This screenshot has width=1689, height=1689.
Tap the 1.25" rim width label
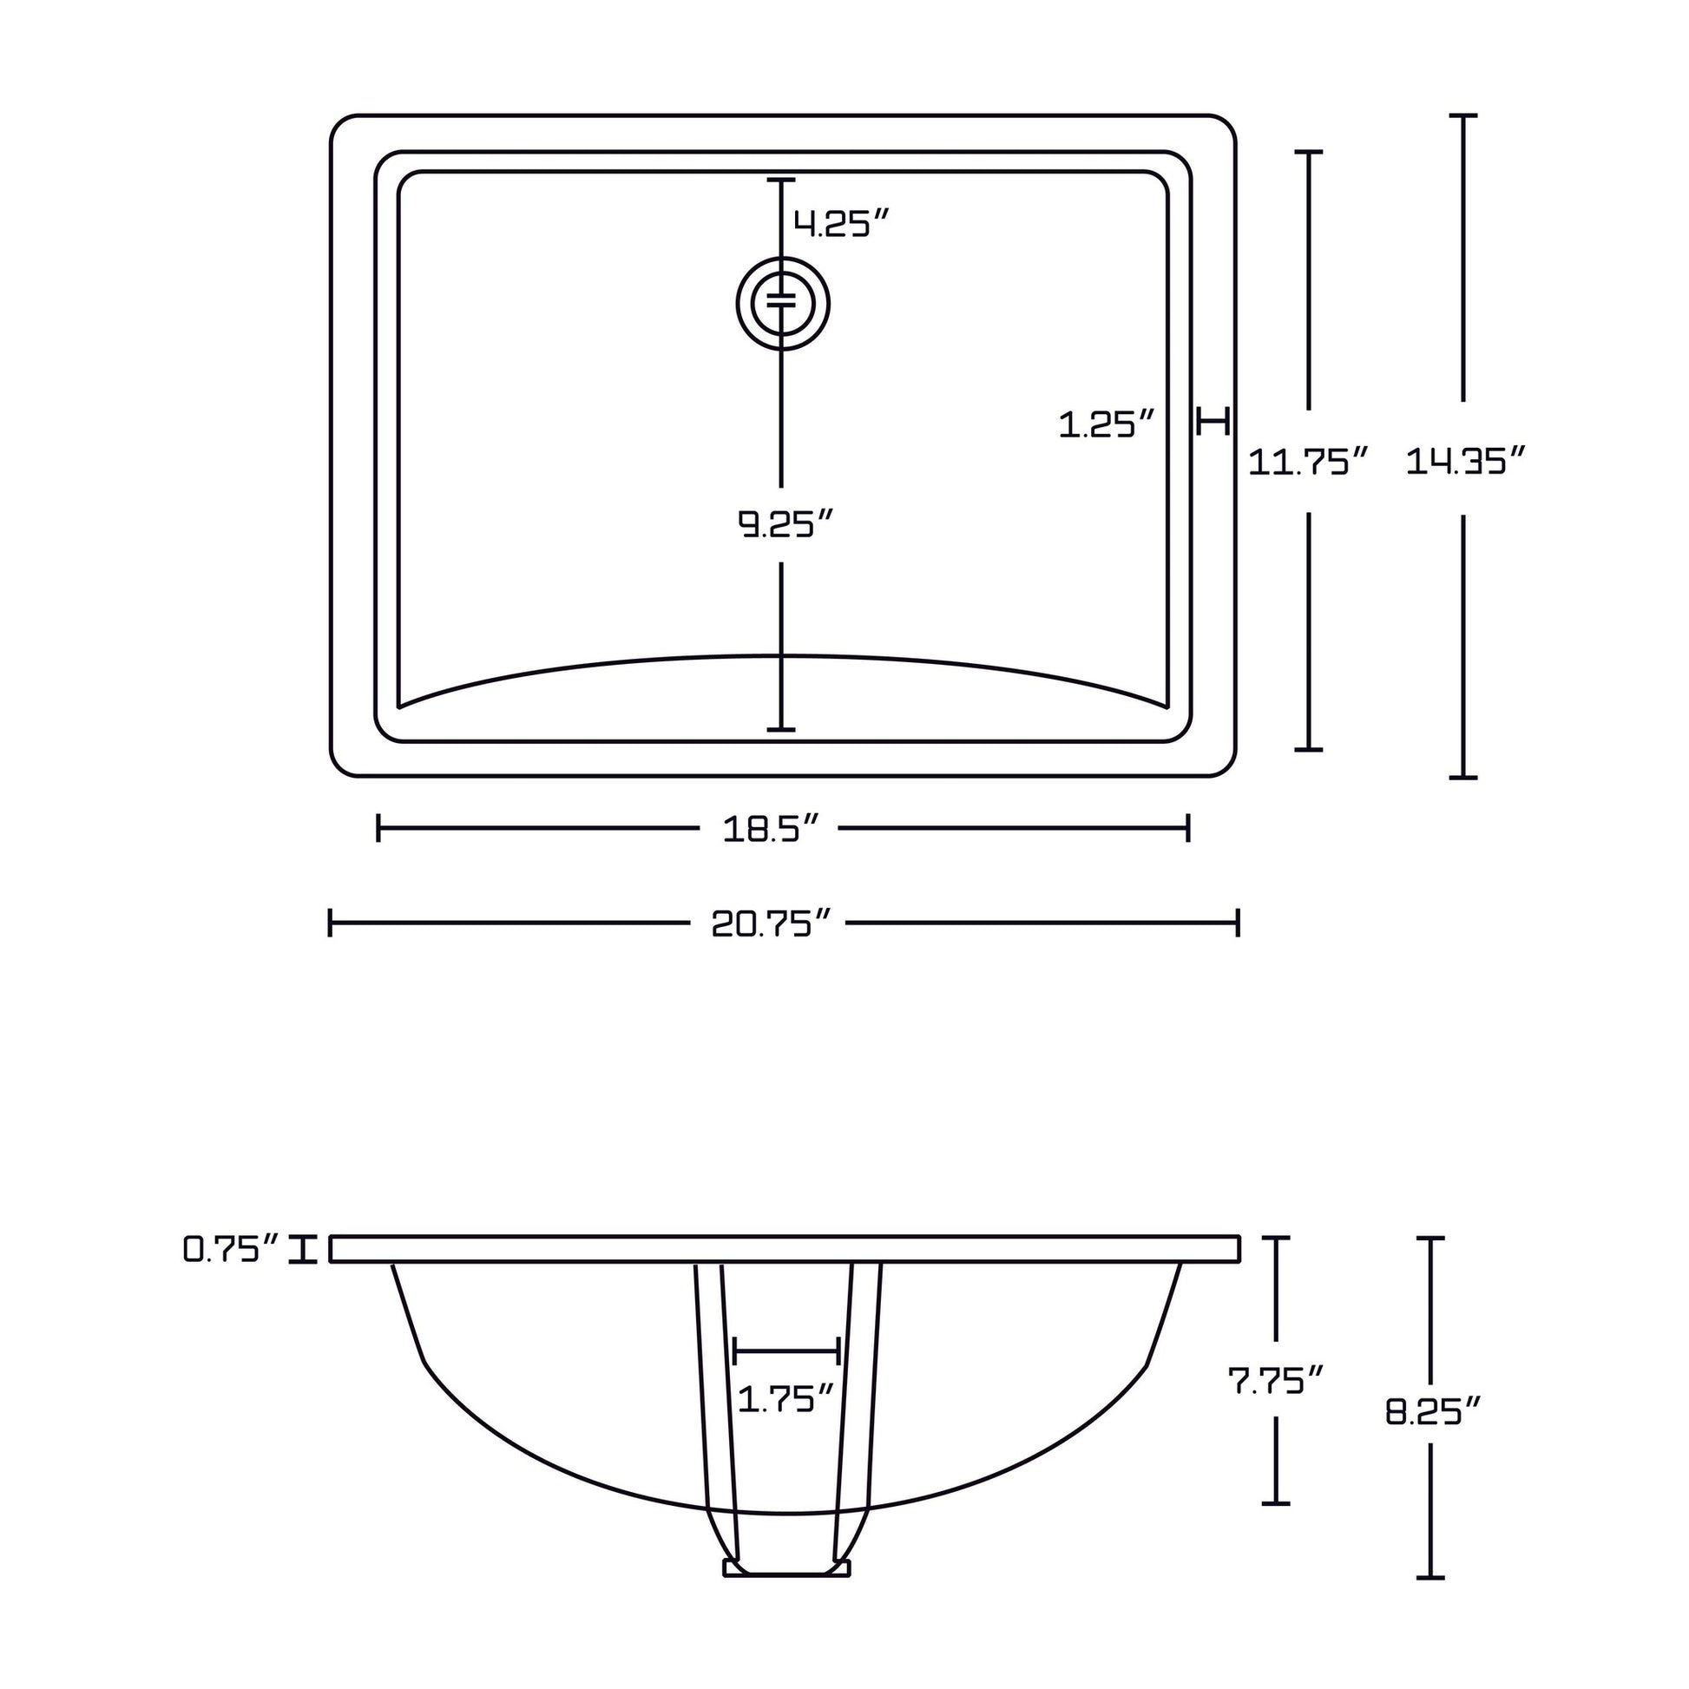click(x=1107, y=425)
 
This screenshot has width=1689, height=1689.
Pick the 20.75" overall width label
click(x=769, y=923)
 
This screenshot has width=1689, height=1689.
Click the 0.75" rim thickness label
click(x=232, y=1249)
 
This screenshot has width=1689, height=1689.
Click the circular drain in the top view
click(x=782, y=303)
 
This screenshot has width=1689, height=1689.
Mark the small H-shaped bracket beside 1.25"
click(x=1213, y=421)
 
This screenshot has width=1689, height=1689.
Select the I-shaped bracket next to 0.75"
click(x=304, y=1249)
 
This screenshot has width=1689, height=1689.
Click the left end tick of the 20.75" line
click(x=331, y=923)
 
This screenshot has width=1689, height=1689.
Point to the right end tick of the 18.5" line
click(x=1188, y=828)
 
